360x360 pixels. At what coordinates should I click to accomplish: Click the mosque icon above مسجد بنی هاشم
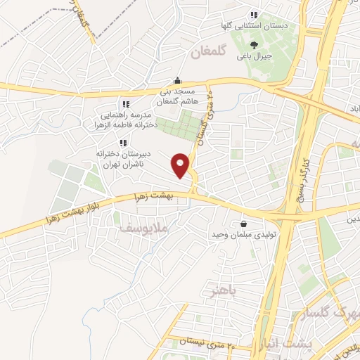pos(177,79)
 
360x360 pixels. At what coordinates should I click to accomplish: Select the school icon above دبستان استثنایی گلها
pos(254,15)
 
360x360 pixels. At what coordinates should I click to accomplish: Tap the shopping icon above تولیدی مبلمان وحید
pos(244,217)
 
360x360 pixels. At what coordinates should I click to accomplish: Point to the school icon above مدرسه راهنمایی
pos(125,104)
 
